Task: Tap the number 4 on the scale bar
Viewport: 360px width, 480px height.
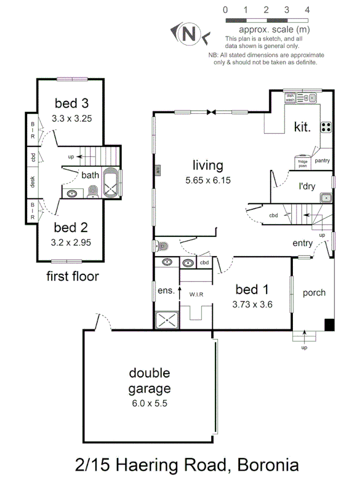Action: tap(307, 10)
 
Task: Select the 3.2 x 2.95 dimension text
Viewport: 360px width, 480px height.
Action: tap(71, 243)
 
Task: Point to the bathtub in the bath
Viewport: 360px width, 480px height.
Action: tap(112, 183)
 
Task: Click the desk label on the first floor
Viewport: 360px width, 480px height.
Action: tap(33, 182)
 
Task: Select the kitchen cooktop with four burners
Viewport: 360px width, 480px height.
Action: tap(325, 127)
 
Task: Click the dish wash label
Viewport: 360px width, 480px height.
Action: tap(290, 98)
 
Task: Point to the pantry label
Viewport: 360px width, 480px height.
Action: tap(322, 160)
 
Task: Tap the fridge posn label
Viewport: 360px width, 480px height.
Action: tap(302, 163)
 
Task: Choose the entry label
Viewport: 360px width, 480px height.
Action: tap(302, 243)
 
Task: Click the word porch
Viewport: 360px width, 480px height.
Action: tap(314, 293)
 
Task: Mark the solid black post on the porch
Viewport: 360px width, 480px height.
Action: tap(330, 324)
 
